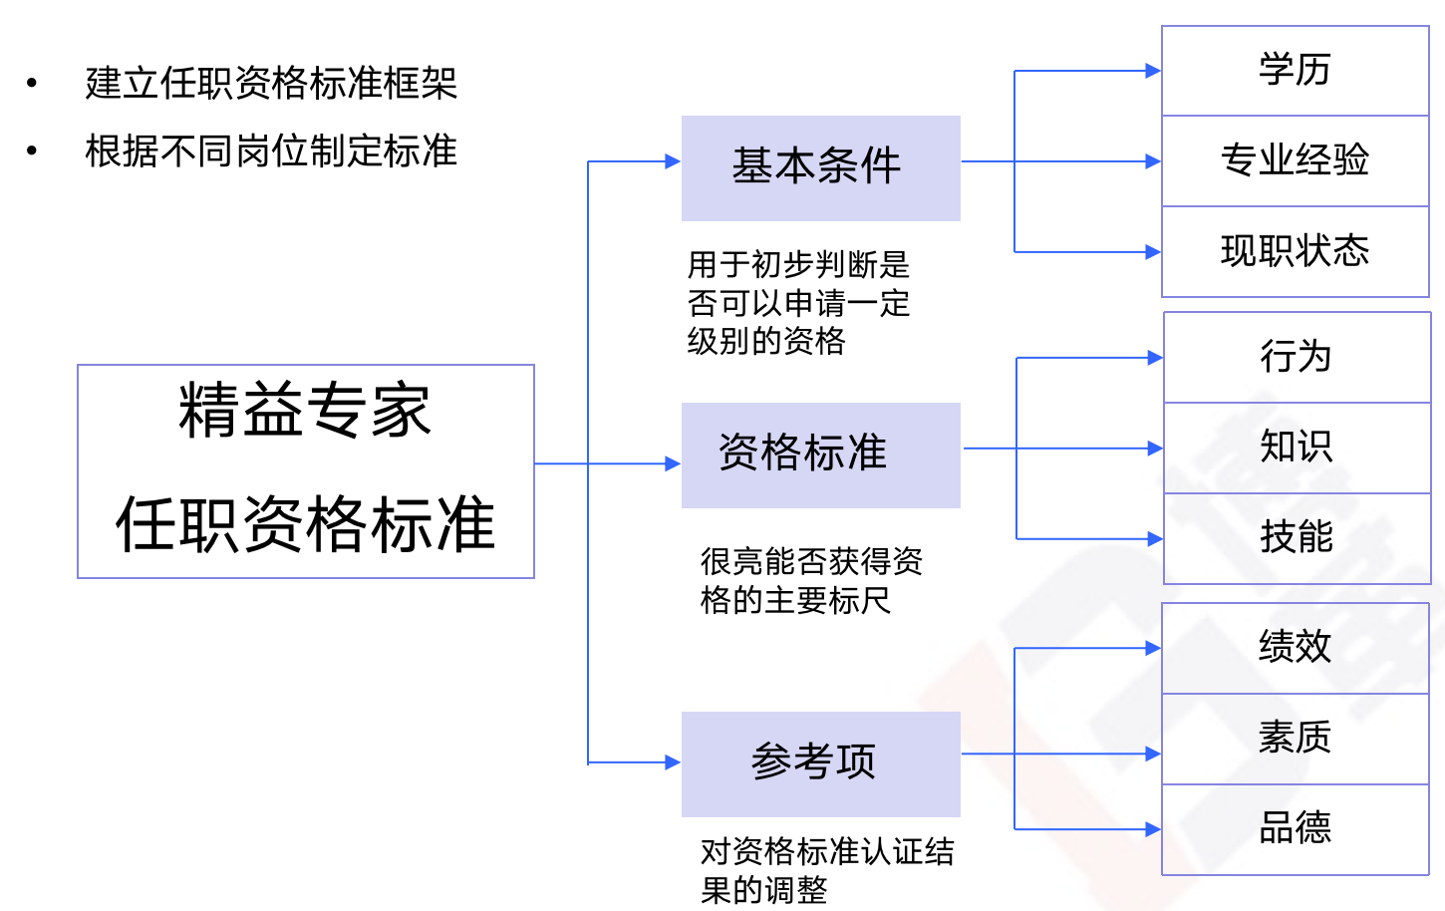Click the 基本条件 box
[x=820, y=167]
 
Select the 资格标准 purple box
[x=820, y=455]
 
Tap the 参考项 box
[x=820, y=763]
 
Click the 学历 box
[x=1295, y=71]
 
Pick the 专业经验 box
[x=1295, y=160]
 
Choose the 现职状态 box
[x=1295, y=251]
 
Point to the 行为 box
[x=1297, y=357]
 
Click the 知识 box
[x=1297, y=448]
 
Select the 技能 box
[x=1297, y=538]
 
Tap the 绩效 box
[x=1295, y=648]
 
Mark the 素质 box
[x=1295, y=739]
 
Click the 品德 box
[x=1295, y=829]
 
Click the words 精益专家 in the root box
[x=305, y=411]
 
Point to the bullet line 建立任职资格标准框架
[x=271, y=83]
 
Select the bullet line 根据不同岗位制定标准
[x=271, y=152]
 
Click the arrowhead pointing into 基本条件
[x=673, y=161]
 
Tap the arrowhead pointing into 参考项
[x=673, y=762]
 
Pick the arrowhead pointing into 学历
[x=1153, y=71]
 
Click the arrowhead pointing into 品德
[x=1153, y=829]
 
